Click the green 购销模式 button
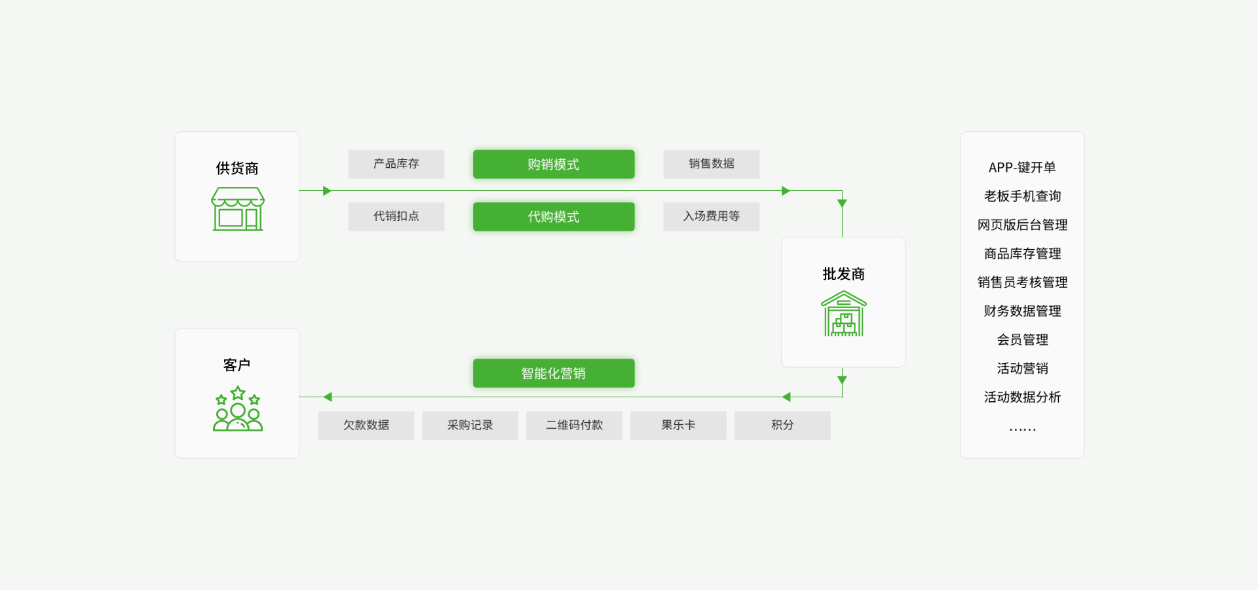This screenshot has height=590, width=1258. point(554,164)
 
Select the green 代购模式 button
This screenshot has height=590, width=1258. point(554,216)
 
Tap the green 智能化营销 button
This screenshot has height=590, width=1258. point(554,373)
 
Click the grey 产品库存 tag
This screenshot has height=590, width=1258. point(396,164)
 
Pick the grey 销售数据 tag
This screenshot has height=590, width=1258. point(712,164)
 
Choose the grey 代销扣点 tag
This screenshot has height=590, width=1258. point(396,216)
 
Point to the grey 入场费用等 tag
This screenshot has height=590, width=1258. point(712,216)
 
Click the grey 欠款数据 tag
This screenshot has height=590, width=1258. point(366,425)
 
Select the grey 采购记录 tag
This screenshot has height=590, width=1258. point(470,425)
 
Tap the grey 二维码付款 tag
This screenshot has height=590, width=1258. point(575,425)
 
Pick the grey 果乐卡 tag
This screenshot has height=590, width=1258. point(678,425)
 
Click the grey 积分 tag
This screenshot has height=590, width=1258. point(782,425)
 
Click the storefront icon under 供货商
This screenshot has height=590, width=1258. point(238,208)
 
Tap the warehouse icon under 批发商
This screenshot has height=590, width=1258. point(844,313)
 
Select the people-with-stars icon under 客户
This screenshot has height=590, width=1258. point(238,408)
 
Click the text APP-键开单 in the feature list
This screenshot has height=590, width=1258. point(1022,167)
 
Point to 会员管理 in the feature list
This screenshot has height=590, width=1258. point(1022,340)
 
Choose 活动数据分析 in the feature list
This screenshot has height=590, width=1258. point(1022,397)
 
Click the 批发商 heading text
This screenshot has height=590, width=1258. point(844,274)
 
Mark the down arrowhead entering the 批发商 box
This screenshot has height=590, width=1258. point(843,204)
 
